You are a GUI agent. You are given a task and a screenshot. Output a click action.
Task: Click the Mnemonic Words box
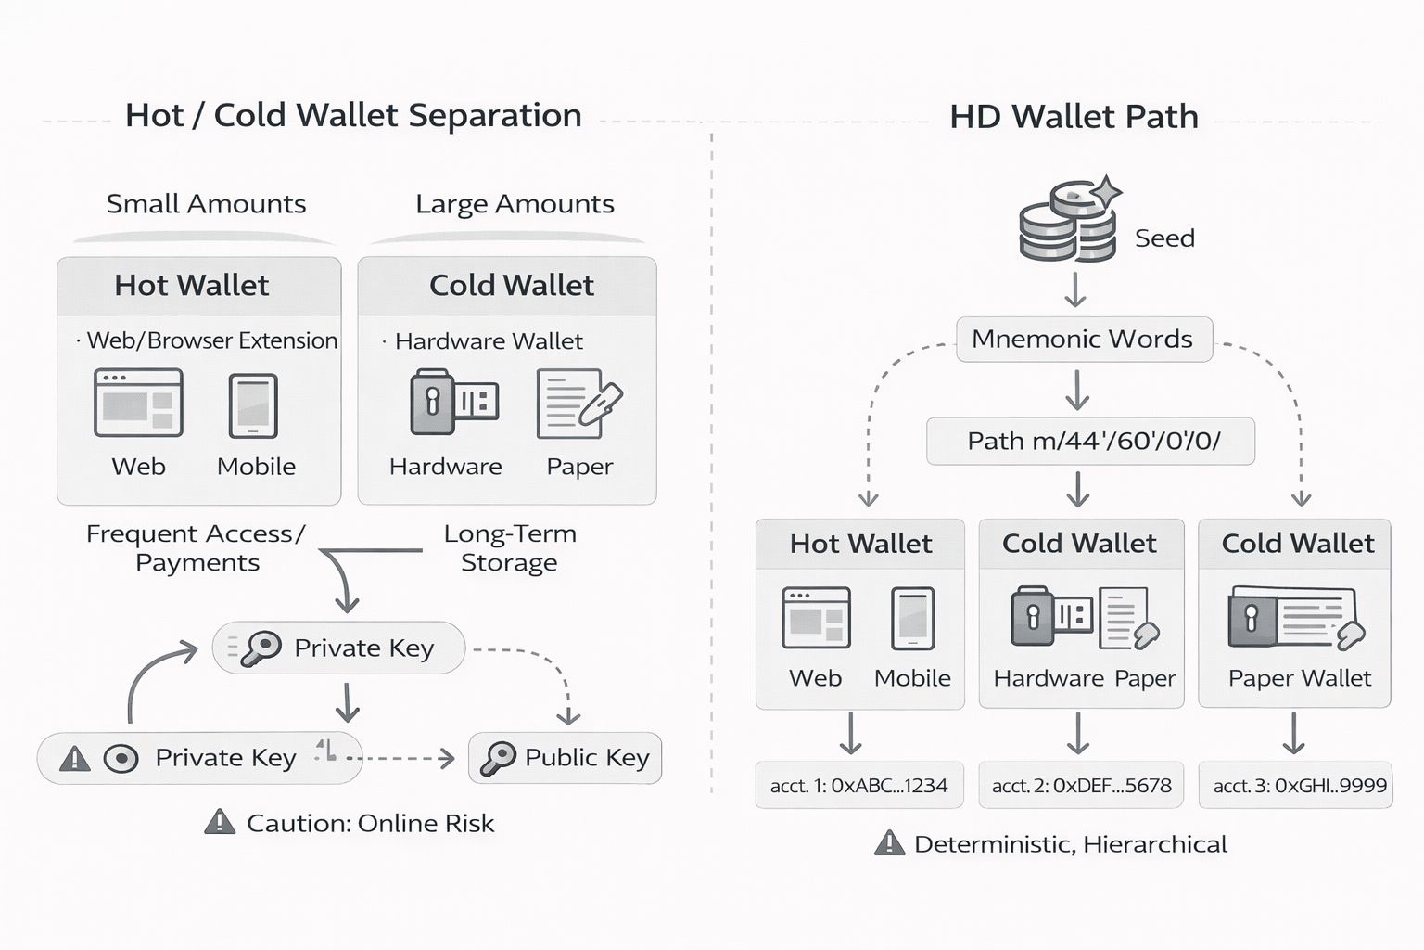(x=1083, y=340)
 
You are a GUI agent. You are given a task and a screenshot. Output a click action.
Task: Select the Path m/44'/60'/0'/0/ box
(x=1090, y=441)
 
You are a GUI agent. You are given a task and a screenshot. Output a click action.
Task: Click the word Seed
(x=1164, y=238)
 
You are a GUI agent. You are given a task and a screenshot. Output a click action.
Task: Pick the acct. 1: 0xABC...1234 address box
(x=858, y=786)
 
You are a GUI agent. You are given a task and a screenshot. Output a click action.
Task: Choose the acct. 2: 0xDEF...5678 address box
(x=1081, y=786)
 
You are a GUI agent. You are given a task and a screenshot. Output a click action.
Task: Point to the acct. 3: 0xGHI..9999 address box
(x=1299, y=786)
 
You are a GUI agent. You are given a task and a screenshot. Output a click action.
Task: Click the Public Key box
(x=566, y=758)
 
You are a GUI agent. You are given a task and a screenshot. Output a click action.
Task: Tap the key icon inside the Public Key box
(x=498, y=758)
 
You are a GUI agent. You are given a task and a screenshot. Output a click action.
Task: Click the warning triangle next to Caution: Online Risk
(x=220, y=822)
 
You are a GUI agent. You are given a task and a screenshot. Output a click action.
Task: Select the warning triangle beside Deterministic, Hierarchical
(x=889, y=843)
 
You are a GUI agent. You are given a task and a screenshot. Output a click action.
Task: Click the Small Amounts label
(x=206, y=204)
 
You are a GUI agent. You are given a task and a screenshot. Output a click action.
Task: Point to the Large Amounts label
(x=515, y=204)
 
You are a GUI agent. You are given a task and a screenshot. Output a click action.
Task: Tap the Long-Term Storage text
(x=509, y=548)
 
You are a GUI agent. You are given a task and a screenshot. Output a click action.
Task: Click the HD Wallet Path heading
(x=1074, y=117)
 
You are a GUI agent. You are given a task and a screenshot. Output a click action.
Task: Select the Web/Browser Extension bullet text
(x=211, y=340)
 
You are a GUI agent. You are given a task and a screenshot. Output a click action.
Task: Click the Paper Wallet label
(x=1299, y=678)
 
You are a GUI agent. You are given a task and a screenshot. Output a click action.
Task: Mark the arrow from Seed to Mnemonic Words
(x=1075, y=289)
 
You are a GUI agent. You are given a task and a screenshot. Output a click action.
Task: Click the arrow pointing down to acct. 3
(x=1294, y=734)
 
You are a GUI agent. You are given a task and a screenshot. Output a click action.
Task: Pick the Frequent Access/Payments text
(x=197, y=548)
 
